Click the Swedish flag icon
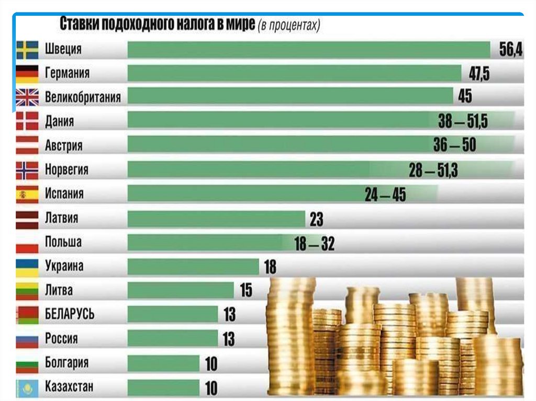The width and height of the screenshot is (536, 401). click(27, 50)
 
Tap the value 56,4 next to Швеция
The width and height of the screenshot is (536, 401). click(507, 50)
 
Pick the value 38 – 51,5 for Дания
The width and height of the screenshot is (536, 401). click(463, 122)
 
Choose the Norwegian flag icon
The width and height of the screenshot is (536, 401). click(27, 170)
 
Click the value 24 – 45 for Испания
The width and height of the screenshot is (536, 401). click(385, 195)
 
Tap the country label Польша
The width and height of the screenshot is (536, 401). click(63, 243)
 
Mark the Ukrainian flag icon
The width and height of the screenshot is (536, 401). click(27, 267)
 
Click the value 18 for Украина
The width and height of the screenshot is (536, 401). click(270, 267)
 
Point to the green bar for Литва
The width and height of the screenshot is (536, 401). click(181, 290)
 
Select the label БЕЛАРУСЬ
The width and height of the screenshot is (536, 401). click(70, 314)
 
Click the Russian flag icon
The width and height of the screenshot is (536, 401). click(27, 339)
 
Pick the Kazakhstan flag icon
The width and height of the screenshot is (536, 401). click(27, 387)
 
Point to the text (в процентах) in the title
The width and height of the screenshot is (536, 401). click(288, 26)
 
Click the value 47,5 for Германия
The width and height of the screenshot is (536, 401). click(479, 74)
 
